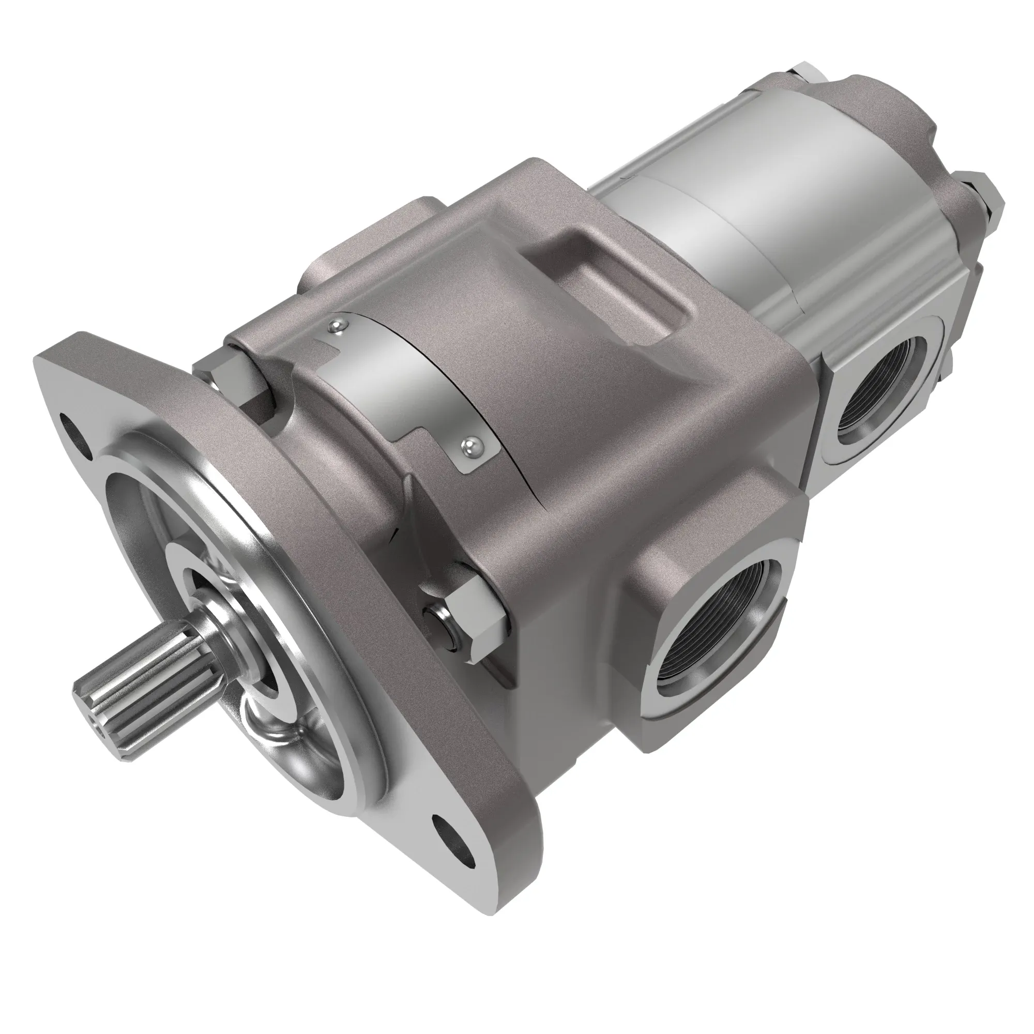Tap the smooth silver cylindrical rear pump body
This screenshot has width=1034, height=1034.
coord(760,225)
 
